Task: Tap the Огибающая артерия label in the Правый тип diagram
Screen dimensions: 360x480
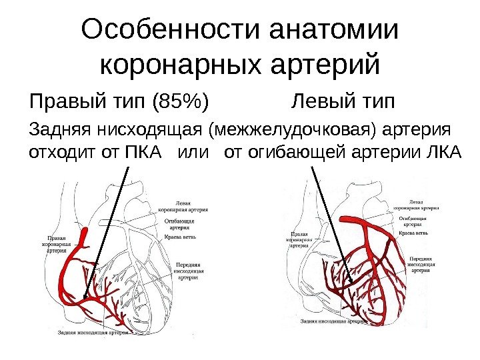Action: tap(178, 223)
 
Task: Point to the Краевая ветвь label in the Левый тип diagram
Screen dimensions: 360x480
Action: tap(413, 234)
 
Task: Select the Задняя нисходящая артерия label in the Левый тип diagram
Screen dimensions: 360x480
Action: tap(333, 321)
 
